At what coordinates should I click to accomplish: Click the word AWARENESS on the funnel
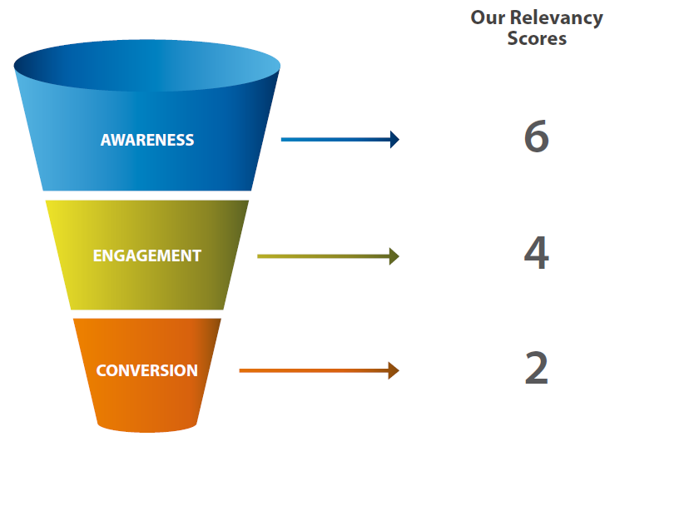(147, 140)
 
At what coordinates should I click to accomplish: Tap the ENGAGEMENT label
(147, 255)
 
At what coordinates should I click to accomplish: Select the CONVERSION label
(147, 370)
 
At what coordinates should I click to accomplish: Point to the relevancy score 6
(537, 137)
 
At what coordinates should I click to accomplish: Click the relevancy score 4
(537, 253)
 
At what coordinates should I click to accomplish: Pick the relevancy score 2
(537, 369)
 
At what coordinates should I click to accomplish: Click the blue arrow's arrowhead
(394, 140)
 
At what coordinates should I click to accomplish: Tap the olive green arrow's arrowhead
(394, 256)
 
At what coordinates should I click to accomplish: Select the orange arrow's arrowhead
(394, 370)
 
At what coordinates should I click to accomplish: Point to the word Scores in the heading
(537, 38)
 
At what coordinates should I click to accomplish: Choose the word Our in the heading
(484, 17)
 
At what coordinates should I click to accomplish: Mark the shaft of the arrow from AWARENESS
(333, 140)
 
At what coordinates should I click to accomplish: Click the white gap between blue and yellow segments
(147, 196)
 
